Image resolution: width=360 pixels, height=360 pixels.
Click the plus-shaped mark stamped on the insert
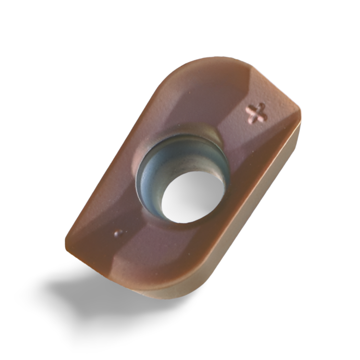pos(256,113)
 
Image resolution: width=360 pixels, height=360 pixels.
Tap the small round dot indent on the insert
pos(119,233)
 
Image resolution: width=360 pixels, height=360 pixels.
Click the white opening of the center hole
pos(192,197)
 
